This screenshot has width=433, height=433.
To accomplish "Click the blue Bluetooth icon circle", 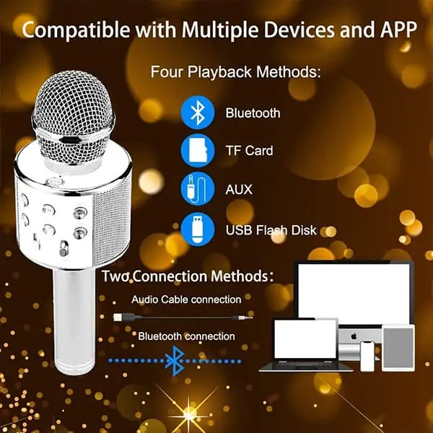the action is point(198,113).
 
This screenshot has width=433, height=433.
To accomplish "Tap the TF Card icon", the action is point(198,151).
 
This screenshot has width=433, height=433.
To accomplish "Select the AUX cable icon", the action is point(198,189).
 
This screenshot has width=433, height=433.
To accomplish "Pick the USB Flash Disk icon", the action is point(198,229).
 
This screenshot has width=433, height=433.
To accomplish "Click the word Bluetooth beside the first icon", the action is point(253,113).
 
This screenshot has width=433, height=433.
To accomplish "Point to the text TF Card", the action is point(249,151).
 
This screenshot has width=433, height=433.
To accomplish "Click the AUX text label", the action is point(239,190).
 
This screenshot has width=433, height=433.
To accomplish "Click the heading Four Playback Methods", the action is point(235,71).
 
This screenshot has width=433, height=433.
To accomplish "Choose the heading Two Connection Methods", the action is point(188,276).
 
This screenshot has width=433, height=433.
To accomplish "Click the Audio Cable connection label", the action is point(186,299).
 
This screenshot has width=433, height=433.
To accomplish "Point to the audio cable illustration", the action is point(183,318).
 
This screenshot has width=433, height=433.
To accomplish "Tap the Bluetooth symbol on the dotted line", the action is point(175,361).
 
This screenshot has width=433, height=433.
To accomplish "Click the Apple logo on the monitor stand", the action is point(354,336).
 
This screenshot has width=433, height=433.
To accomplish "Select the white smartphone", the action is point(367,357).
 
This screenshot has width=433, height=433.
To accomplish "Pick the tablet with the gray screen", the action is point(398,348).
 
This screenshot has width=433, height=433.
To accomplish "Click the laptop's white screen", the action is point(305,339).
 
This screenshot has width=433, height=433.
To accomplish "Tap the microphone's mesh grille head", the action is point(74,118).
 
